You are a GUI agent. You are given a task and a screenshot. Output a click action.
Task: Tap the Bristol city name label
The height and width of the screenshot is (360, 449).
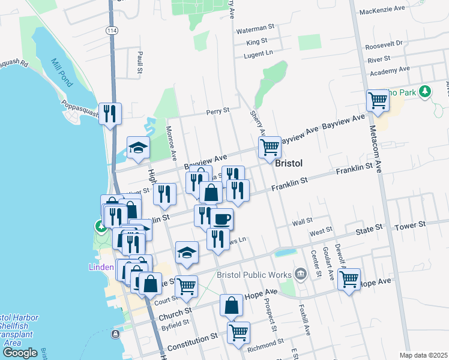288,163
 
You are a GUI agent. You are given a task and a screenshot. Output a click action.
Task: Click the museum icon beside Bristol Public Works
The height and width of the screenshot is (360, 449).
301,275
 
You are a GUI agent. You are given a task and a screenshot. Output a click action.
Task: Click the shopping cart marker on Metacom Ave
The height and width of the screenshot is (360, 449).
378,100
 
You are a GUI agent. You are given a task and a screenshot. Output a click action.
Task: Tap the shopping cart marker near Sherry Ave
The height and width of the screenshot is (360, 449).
270,146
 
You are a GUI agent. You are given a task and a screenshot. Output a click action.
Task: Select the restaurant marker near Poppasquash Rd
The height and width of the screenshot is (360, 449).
110,113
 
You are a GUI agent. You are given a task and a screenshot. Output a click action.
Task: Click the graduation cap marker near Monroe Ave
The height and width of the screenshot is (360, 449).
138,148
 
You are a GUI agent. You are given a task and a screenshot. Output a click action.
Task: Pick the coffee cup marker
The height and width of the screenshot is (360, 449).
221,219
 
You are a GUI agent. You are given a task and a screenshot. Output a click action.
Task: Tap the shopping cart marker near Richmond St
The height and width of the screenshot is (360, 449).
238,332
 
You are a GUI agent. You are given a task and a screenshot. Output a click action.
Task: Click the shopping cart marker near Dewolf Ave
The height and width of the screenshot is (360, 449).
348,278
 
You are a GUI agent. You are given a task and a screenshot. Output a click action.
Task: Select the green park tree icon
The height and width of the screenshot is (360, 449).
426,91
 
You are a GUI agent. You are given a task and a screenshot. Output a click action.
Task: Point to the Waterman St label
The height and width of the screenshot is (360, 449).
255,28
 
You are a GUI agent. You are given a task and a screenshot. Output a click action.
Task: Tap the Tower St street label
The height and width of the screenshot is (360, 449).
411,225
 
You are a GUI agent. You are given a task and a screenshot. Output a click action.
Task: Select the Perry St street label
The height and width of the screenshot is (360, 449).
218,111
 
